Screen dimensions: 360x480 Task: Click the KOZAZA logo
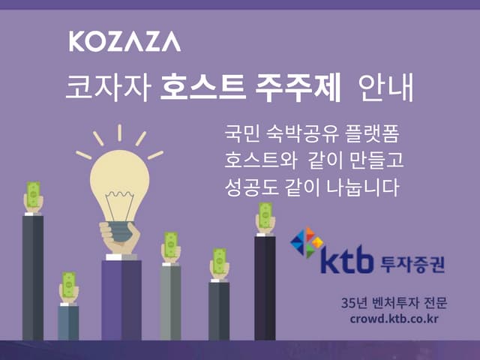click(x=124, y=41)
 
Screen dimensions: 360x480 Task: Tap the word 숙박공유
click(x=307, y=135)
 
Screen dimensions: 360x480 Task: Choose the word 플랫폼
click(x=377, y=135)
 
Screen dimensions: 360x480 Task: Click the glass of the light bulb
click(x=119, y=175)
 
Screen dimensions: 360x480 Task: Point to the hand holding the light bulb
click(x=120, y=236)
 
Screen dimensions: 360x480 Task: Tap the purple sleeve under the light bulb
click(x=121, y=300)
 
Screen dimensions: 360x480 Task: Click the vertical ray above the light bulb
click(x=119, y=133)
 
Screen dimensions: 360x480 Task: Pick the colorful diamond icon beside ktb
click(x=307, y=241)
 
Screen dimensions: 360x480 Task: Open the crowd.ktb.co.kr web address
click(x=394, y=318)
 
